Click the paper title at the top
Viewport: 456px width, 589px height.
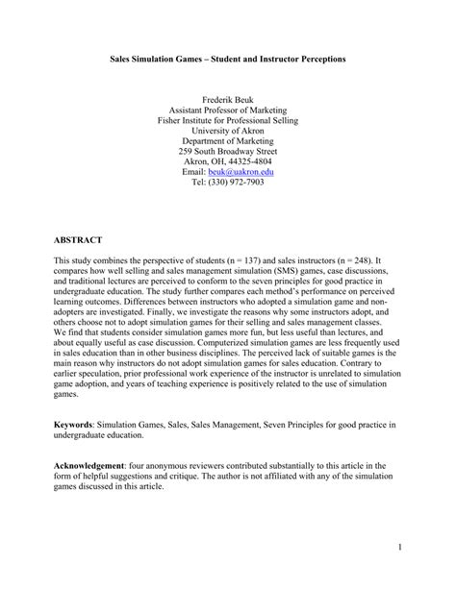(227, 59)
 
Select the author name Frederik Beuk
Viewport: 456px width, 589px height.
(228, 99)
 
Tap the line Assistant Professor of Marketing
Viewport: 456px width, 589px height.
(228, 110)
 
